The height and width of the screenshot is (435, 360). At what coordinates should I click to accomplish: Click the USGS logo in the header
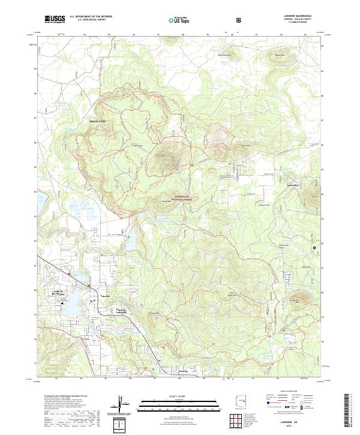coord(55,19)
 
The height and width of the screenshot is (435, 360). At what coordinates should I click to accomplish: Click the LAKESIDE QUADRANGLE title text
coord(289,17)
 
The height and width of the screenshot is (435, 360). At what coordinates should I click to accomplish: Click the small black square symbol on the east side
coord(313,247)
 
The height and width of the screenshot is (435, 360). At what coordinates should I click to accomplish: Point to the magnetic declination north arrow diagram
coord(124,404)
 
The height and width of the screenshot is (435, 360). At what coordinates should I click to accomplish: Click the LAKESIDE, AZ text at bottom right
coord(290,422)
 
